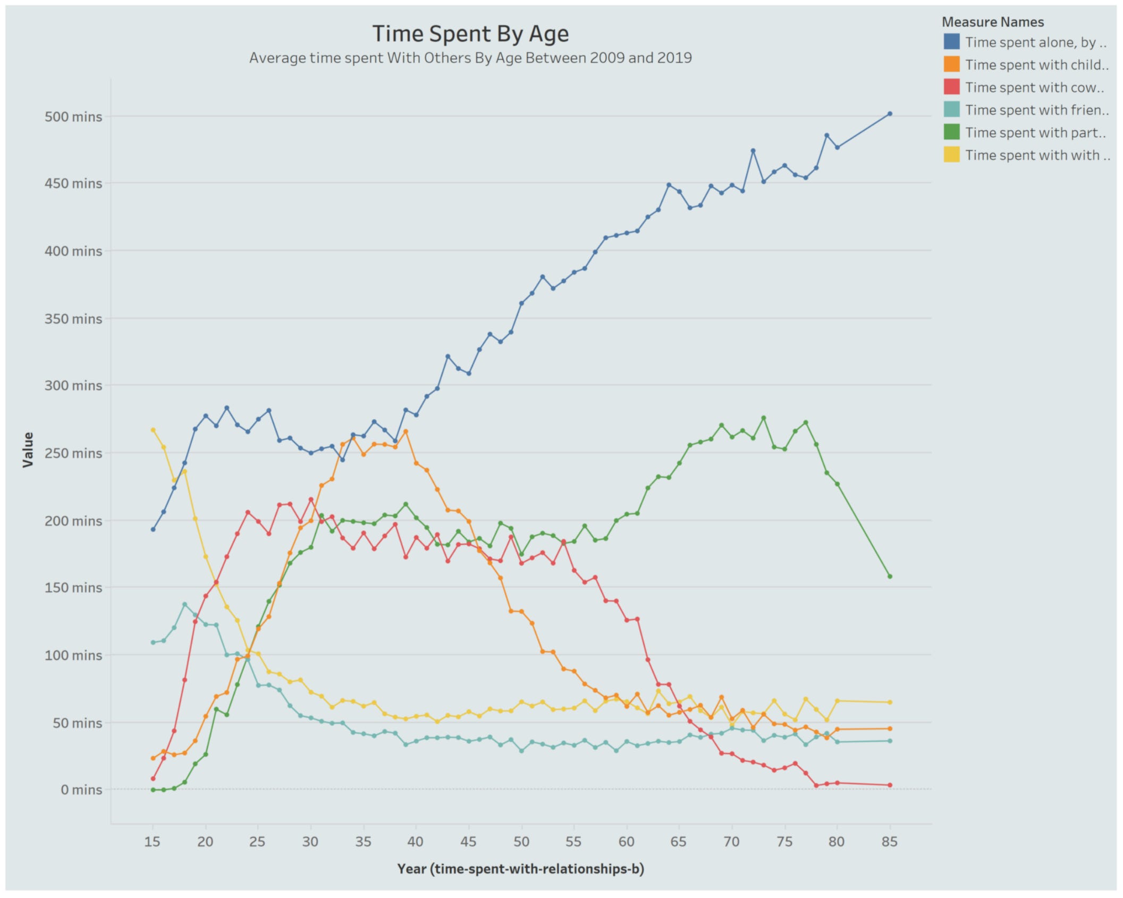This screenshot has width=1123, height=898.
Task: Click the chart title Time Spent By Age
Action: coord(470,33)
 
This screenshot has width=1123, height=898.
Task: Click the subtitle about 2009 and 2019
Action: coord(470,58)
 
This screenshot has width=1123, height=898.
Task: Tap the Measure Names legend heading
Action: coord(992,22)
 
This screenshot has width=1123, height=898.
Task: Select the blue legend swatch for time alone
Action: coord(951,42)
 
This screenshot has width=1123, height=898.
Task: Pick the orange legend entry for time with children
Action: coord(1036,65)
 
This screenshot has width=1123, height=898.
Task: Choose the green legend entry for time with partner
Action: coord(1035,133)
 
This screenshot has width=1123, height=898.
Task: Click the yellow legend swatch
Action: coord(951,155)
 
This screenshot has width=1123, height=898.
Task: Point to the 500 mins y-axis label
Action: coord(73,116)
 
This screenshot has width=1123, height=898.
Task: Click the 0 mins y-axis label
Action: coord(81,790)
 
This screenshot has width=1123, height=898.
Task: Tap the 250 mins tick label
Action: coord(73,453)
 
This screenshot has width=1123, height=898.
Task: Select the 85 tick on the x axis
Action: coord(889,842)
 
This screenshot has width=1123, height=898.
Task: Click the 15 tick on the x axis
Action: coord(153,842)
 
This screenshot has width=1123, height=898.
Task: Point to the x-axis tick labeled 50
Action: coord(521,842)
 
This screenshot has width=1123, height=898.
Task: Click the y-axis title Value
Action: coord(28,450)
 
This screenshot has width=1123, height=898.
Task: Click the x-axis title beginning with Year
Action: coord(520,869)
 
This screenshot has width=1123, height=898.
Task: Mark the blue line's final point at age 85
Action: coord(890,114)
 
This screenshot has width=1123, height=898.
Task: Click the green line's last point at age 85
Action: coord(890,577)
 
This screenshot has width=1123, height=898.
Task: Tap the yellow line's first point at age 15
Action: coord(153,430)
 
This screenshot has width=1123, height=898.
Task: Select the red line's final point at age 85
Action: coord(890,785)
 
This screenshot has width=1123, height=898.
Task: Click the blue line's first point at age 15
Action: coord(153,529)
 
